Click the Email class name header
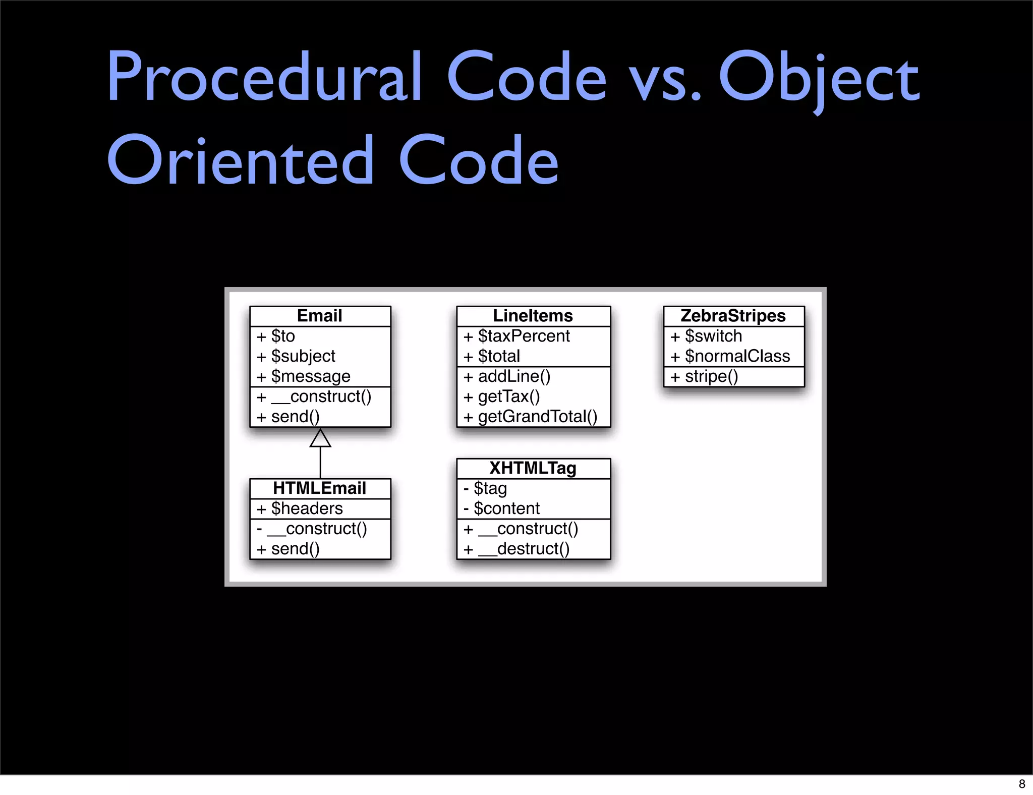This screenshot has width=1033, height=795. coord(320,316)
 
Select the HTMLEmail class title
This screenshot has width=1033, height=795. coord(319,488)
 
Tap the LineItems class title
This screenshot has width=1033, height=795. coord(533,316)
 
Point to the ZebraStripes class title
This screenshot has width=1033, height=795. coord(733,316)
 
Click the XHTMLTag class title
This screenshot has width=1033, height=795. coord(533,468)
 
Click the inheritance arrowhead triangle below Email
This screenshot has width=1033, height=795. coord(320,438)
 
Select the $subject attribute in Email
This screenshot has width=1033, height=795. coord(303,356)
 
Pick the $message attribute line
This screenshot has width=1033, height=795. coord(310,376)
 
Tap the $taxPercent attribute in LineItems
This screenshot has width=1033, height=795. coord(524,336)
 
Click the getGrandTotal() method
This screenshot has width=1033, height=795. coord(537,417)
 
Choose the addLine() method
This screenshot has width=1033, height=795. coord(514,376)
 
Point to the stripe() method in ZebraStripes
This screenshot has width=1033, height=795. coord(711,376)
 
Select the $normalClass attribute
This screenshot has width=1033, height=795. coord(737,356)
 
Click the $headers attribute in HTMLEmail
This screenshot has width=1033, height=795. coord(307,508)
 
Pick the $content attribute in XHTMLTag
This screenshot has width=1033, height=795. coord(506,508)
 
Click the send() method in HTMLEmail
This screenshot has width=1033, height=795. coord(295,549)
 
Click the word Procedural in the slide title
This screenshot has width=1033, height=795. coord(264,77)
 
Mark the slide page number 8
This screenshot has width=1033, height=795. coord(1022,784)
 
